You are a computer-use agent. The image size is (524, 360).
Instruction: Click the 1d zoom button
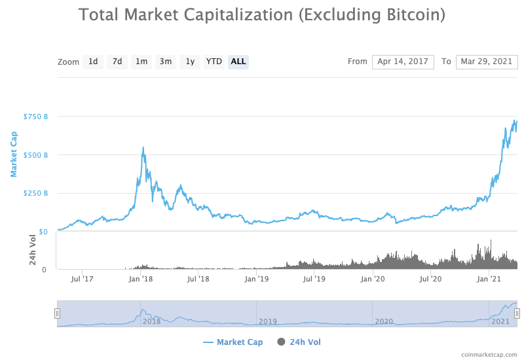93,62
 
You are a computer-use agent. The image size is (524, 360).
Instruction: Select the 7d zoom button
117,62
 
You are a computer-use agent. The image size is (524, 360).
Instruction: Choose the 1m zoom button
141,62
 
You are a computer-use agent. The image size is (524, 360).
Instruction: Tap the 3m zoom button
166,62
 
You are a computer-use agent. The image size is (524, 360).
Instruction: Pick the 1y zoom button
190,62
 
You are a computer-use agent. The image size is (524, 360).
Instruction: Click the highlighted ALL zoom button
238,62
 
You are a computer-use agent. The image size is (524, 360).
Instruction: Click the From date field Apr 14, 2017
403,62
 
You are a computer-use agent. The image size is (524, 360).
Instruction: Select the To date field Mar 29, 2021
487,62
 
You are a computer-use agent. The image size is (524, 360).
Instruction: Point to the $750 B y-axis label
35,117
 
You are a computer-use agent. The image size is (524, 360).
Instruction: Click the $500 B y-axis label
35,155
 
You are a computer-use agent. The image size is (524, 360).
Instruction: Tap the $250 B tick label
35,193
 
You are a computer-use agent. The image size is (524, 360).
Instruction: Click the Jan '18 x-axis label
141,279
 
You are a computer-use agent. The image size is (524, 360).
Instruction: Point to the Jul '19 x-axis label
314,279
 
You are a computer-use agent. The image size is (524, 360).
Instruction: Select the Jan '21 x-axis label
489,279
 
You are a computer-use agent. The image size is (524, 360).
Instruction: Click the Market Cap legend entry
233,342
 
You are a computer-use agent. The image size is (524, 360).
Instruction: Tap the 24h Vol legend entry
299,342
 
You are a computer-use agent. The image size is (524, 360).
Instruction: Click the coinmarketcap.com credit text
489,354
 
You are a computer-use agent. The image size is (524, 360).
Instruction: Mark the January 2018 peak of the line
143,147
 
